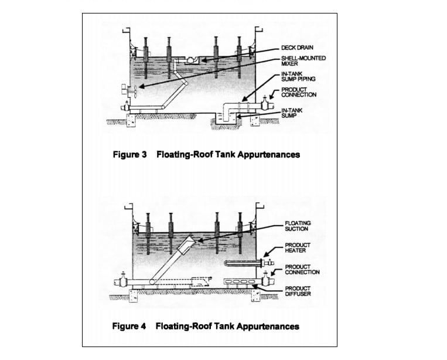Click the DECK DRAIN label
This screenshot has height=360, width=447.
(x=297, y=47)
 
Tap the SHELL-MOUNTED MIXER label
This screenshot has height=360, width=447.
(x=303, y=61)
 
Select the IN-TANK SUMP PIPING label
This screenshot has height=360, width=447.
(x=298, y=76)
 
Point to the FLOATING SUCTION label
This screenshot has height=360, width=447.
(x=298, y=226)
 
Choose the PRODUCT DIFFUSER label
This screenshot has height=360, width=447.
(x=298, y=291)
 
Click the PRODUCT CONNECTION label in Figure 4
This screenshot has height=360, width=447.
(x=302, y=270)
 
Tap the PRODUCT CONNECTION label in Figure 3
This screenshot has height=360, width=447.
(x=299, y=92)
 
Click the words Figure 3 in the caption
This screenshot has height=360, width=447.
(x=129, y=155)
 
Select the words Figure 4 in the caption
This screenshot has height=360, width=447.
(x=129, y=326)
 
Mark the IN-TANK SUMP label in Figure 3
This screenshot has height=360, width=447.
(x=292, y=113)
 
